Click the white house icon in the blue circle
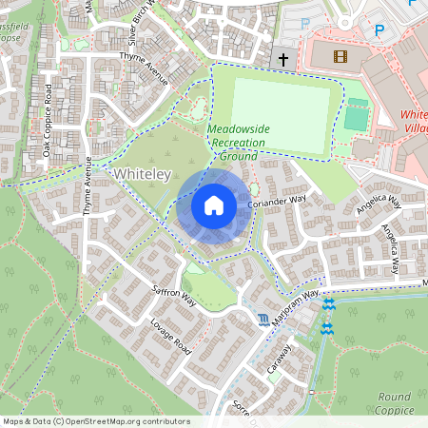coord(214,204)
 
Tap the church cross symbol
coord(282,59)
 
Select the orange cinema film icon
coord(340,56)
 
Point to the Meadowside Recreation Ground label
coord(240,141)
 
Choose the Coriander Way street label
coord(276,202)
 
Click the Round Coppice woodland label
coord(394,402)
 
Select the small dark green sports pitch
coord(356,116)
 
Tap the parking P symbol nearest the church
coord(306,23)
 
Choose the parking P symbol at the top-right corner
coord(379,30)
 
